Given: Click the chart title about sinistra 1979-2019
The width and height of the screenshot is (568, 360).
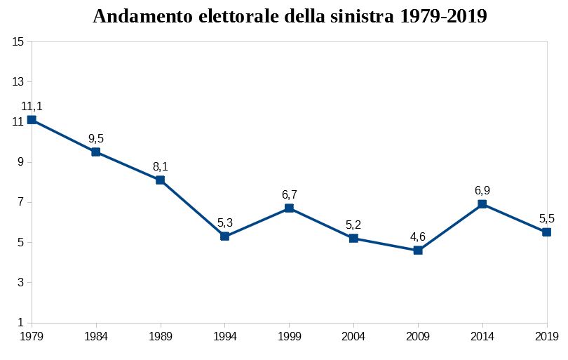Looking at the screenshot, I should (290, 17).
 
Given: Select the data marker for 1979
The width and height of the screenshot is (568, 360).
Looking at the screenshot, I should (32, 120).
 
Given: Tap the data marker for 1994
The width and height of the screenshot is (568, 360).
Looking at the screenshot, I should (224, 236).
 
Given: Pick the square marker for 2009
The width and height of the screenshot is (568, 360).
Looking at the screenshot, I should (418, 251).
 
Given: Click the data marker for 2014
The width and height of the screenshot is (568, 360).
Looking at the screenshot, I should (482, 204).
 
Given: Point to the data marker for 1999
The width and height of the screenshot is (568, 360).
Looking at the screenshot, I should (289, 208).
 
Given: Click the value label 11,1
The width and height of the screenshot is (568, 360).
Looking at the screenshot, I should (32, 107).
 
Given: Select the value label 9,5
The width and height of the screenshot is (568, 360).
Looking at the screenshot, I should (96, 139).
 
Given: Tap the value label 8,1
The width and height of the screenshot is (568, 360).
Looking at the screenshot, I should (160, 167).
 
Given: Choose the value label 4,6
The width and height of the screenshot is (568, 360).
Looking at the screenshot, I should (418, 236).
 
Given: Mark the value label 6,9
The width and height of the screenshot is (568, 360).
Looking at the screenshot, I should (482, 190).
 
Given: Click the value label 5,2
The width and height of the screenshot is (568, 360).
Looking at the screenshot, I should (353, 225).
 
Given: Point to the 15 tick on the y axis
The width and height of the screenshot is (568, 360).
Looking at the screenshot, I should (18, 41).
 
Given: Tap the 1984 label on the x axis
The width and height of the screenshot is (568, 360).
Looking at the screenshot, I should (96, 337).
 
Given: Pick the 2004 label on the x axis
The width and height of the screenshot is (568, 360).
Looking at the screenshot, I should (353, 337).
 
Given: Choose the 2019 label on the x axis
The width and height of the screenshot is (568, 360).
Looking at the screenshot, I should (546, 337).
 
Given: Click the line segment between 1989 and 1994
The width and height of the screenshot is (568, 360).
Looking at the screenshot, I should (192, 208).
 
